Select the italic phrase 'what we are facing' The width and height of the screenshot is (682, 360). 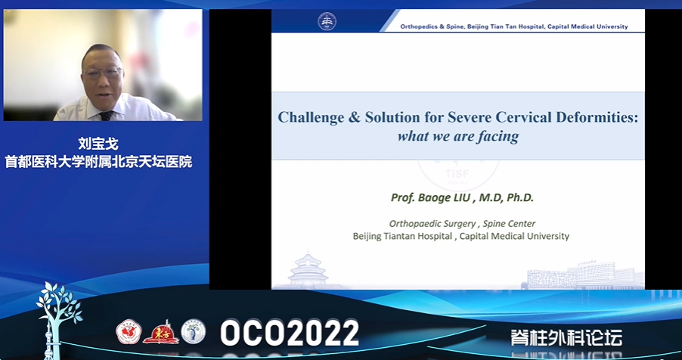458,136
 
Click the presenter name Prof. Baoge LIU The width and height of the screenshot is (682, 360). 431,197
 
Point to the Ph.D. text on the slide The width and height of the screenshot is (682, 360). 519,197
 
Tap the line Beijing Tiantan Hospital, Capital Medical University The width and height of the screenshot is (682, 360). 461,237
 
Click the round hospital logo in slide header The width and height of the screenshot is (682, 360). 327,21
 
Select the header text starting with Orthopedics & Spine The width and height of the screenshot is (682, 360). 514,26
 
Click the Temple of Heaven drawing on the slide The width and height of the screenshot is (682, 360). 308,269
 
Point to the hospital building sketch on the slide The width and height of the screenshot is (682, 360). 583,275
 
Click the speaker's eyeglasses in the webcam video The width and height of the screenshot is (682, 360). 103,73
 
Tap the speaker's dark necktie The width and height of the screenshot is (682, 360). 106,116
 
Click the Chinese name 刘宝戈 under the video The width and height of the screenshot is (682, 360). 98,144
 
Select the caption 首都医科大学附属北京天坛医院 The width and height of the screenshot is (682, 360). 98,162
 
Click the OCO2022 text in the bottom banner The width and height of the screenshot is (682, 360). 290,333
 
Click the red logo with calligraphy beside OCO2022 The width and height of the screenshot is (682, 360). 160,332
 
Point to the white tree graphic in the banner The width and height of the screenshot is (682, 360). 59,313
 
